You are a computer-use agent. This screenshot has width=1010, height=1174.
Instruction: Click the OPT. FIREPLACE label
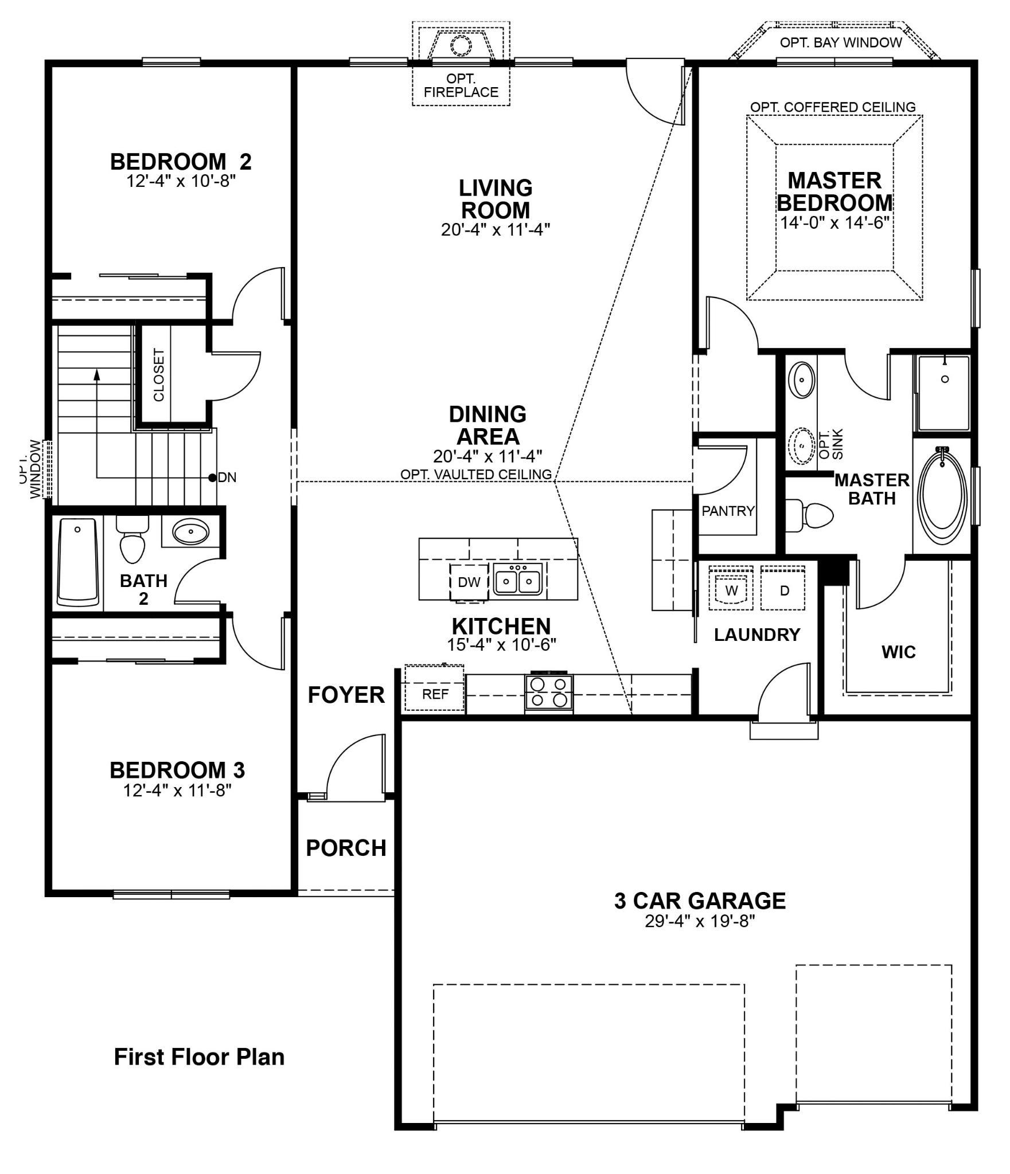[461, 85]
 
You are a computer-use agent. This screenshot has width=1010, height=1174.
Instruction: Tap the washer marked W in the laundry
[731, 590]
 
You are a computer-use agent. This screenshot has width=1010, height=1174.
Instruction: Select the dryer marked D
[783, 590]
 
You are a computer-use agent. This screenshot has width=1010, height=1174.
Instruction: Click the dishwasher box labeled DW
[469, 582]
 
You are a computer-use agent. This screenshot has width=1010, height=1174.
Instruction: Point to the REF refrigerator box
[435, 694]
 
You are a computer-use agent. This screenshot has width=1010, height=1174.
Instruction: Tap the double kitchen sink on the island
[518, 580]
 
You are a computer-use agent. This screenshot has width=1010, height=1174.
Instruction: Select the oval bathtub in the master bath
[942, 496]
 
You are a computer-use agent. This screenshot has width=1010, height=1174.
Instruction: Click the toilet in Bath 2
[132, 542]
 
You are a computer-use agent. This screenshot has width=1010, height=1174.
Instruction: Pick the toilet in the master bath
[812, 514]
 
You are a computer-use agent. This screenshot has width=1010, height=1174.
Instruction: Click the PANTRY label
[728, 511]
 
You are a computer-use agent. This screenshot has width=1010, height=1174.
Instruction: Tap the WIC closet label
[898, 652]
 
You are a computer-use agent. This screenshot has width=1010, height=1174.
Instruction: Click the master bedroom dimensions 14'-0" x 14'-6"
[834, 223]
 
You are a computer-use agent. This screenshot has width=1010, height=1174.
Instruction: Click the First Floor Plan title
[199, 1056]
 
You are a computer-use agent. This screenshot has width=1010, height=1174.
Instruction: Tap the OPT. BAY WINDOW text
[840, 42]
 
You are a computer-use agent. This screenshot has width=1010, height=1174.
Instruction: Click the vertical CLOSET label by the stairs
[159, 375]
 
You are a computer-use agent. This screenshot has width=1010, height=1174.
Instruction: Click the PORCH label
[346, 848]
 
